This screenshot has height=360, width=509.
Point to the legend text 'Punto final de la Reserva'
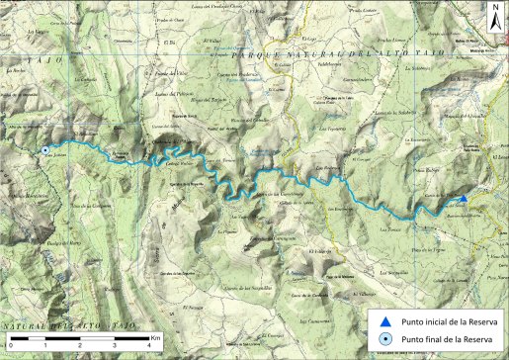coord(445,340)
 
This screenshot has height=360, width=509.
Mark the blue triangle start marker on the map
coord(465,198)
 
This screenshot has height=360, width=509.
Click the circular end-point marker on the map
coord(45,150)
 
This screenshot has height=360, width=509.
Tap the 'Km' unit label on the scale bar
coord(155,336)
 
